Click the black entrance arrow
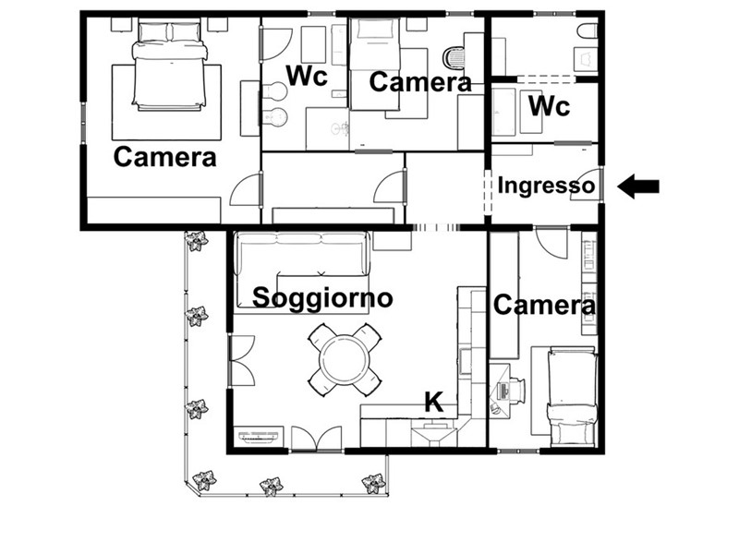(638, 187)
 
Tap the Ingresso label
(546, 186)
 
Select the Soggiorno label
(322, 297)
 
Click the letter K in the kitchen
(434, 402)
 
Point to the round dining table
(344, 360)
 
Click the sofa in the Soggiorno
(302, 255)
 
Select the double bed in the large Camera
(169, 66)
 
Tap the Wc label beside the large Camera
(307, 76)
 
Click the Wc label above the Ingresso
(549, 106)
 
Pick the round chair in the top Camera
(454, 57)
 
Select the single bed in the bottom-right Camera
(572, 397)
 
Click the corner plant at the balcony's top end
(196, 241)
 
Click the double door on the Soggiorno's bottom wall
(316, 439)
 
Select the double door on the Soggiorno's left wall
(241, 360)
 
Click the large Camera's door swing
(246, 189)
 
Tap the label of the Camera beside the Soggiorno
(544, 306)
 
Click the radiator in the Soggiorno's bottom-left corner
(259, 436)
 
